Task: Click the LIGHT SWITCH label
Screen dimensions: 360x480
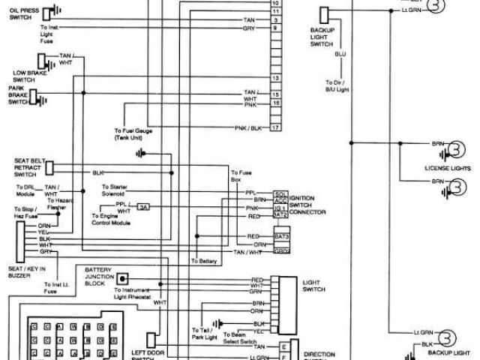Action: point(311,286)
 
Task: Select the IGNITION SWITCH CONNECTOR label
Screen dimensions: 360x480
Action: point(310,203)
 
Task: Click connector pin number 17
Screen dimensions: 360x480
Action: point(276,128)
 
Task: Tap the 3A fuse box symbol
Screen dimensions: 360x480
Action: point(143,206)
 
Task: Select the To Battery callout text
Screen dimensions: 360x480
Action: point(204,261)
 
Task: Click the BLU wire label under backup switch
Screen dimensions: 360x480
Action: point(340,55)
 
